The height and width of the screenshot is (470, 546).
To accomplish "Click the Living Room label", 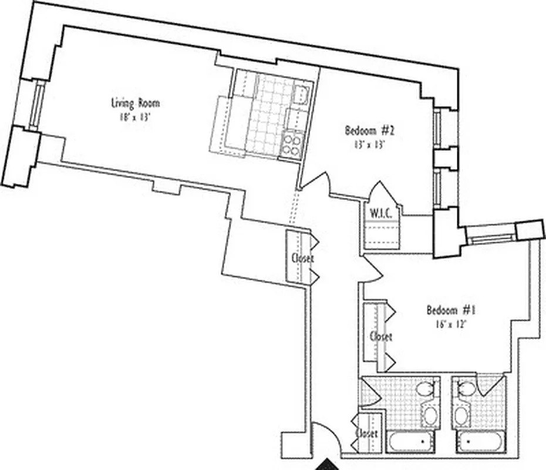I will point(135,103).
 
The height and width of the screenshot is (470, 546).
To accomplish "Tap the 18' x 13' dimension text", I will point(135,116).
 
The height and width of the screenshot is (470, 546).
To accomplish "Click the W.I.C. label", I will point(381,213).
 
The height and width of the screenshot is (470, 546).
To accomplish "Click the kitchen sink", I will point(301,94).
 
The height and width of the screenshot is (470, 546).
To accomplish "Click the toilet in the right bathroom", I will point(467,389).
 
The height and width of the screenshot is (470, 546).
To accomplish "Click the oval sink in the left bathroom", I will point(429,417).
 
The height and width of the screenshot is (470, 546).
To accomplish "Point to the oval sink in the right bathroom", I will point(461,417).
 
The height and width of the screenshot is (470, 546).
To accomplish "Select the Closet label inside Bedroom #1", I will point(380,337).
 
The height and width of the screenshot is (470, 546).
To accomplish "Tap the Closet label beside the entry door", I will point(366,433).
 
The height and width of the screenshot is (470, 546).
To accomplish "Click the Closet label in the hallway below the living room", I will point(302,258).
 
